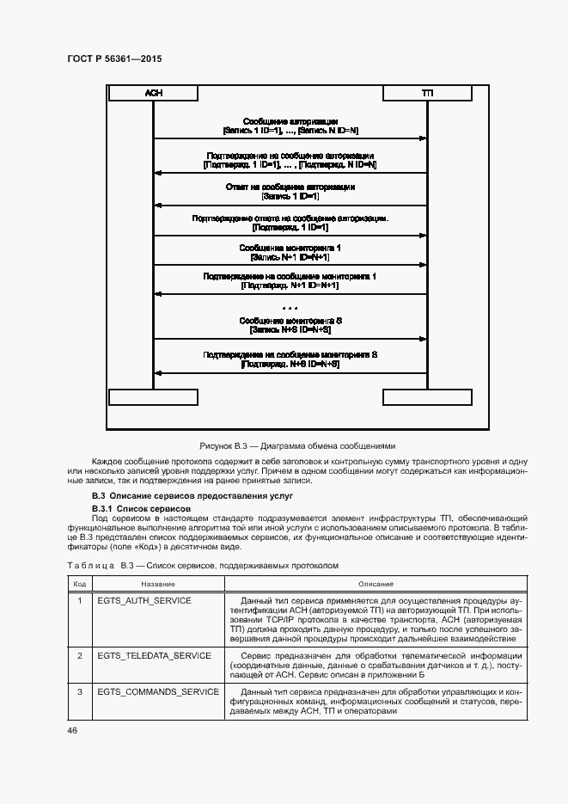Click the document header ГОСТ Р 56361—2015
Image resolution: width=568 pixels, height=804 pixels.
point(113,58)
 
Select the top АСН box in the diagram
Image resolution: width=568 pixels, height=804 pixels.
point(154,92)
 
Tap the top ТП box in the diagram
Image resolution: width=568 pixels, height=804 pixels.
point(427,92)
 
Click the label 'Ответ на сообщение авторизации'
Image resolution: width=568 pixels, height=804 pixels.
point(290,187)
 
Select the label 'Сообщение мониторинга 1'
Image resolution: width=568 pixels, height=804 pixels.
point(290,248)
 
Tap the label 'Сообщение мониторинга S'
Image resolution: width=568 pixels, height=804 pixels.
point(290,321)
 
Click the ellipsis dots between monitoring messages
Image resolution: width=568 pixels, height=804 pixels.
point(290,307)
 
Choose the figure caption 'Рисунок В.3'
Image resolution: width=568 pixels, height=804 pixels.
point(296,445)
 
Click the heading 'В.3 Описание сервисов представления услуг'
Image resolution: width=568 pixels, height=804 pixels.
point(192,497)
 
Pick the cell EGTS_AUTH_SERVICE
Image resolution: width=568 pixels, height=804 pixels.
point(144,600)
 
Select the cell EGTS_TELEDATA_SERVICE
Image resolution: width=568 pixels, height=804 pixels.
point(154,655)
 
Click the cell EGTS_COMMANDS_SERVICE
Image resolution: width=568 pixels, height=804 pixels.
point(158,691)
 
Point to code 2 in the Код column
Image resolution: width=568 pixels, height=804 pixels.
point(79,655)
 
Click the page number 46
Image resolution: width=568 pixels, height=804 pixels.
point(72,730)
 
